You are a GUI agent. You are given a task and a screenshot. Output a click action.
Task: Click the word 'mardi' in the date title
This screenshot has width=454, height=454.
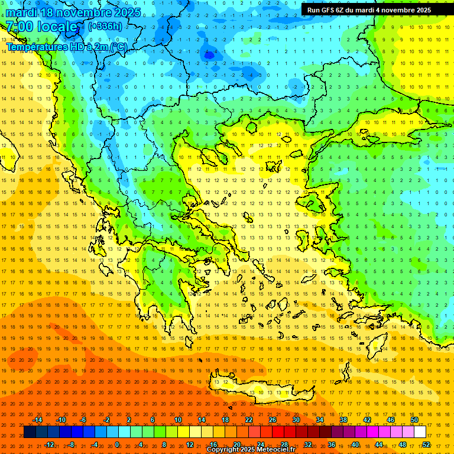[24, 12]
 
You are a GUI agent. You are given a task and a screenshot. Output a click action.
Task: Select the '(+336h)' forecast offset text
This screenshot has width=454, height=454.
[105, 26]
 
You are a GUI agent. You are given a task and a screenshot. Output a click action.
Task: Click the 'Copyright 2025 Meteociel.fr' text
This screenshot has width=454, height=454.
[251, 450]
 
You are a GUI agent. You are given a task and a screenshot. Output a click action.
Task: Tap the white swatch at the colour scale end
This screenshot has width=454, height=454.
[420, 432]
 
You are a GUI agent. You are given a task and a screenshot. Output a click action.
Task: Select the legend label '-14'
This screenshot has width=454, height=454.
[37, 420]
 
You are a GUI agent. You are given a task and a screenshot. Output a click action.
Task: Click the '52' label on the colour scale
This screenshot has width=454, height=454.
[426, 445]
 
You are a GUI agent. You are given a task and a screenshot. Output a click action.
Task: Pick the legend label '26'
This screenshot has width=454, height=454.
[273, 420]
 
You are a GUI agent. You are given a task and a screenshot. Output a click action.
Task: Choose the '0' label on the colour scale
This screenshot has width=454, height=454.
[118, 445]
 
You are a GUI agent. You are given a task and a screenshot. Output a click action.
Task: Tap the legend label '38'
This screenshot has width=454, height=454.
[343, 420]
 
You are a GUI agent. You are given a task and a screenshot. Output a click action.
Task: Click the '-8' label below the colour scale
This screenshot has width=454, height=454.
[71, 445]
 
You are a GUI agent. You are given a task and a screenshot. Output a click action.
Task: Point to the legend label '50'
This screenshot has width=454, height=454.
[414, 420]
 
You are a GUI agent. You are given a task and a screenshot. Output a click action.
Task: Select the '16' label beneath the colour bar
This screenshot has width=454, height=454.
[213, 445]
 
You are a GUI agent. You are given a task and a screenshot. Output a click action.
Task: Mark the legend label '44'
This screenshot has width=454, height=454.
[379, 445]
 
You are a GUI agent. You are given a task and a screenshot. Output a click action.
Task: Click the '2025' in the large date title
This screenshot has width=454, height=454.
[126, 12]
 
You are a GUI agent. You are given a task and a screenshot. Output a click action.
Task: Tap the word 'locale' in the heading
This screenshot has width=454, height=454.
[57, 27]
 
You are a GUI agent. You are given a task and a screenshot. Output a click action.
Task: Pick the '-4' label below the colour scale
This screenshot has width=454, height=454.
[95, 445]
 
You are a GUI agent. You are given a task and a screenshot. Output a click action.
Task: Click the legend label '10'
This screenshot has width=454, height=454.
[177, 420]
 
